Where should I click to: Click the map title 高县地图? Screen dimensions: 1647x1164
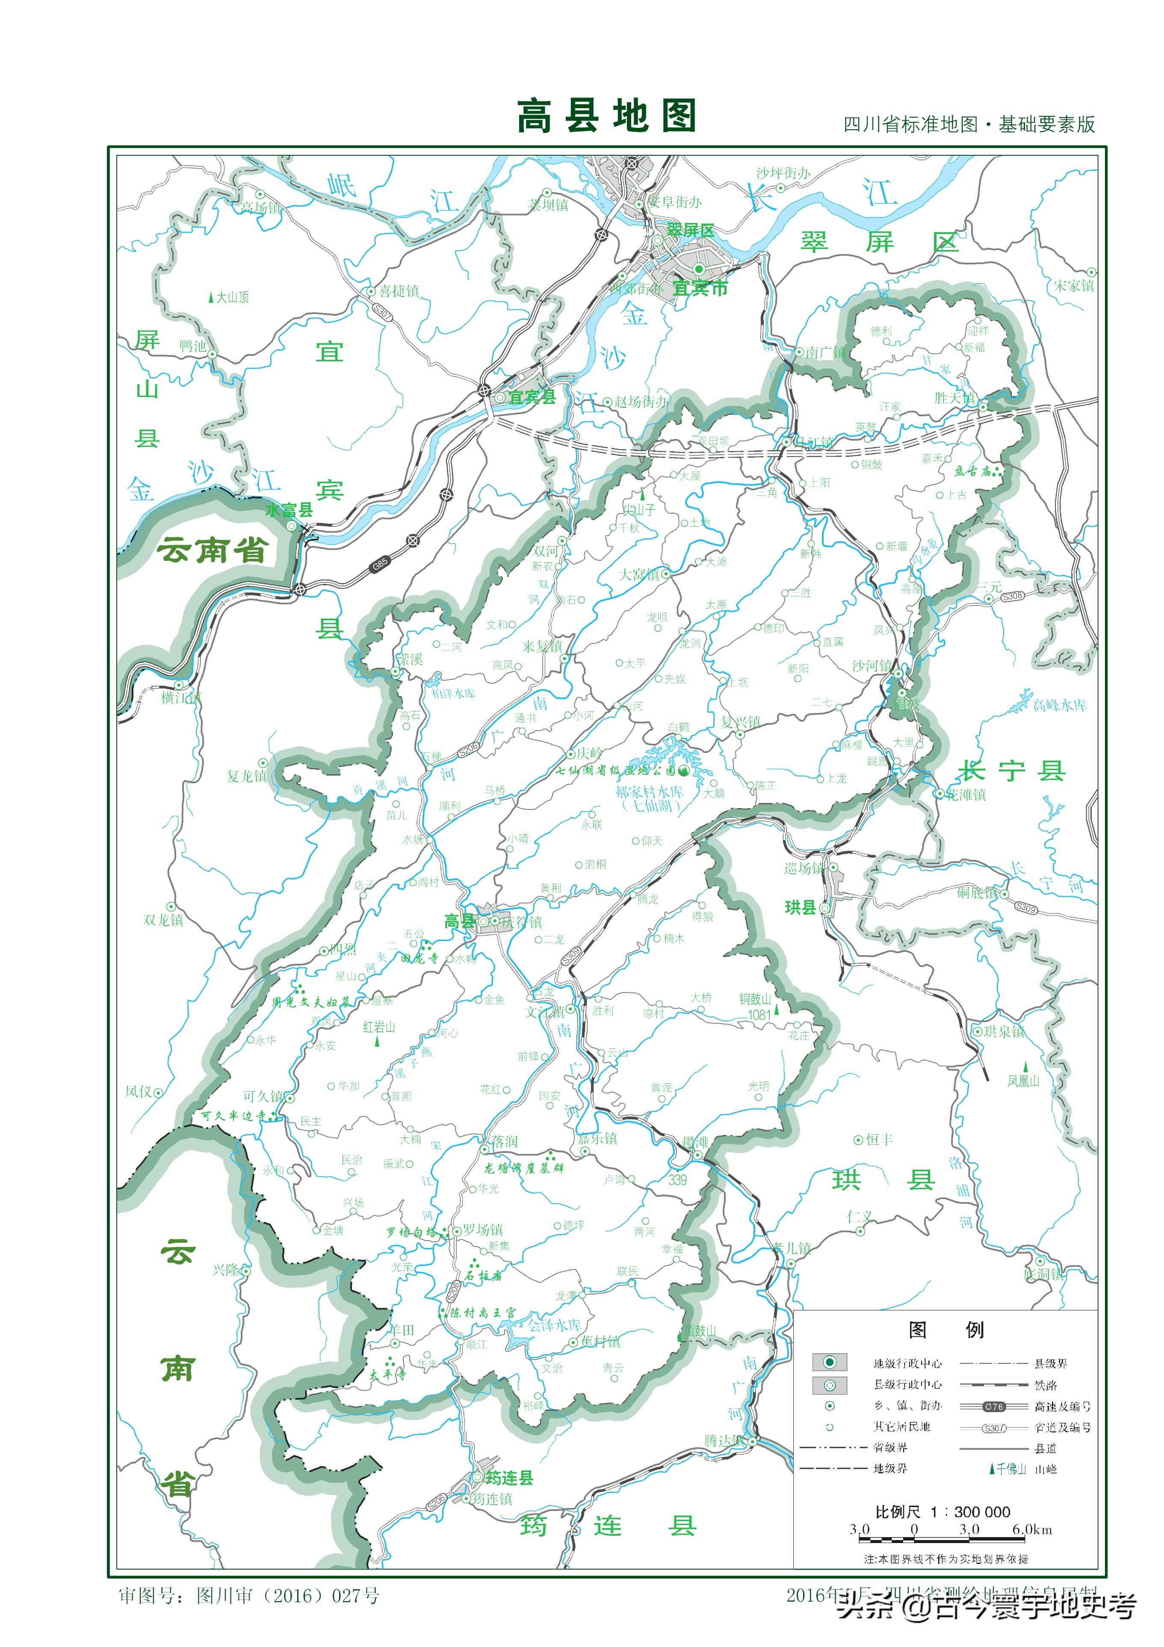(607, 116)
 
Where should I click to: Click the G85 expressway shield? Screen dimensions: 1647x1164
(379, 564)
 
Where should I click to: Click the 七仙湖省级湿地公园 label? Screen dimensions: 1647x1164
(615, 770)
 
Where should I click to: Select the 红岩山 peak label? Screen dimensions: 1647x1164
(379, 1027)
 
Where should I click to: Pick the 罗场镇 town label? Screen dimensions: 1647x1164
(483, 1229)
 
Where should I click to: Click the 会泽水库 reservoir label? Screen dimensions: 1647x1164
(554, 1325)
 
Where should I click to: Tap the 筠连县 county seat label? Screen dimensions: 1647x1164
(509, 1478)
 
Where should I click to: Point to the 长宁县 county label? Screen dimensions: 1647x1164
(1011, 771)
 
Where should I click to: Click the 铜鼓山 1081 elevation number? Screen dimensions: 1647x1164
(759, 1015)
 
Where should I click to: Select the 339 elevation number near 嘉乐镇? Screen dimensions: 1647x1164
(677, 1180)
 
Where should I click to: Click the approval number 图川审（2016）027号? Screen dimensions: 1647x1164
(287, 1595)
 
